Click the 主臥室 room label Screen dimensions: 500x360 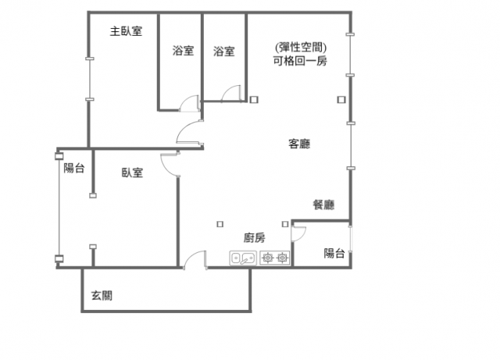[x=126, y=31]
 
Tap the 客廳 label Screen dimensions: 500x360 [x=299, y=144]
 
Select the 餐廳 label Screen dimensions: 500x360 [x=323, y=205]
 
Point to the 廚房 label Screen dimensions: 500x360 [x=255, y=238]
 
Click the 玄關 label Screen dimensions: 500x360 [x=102, y=296]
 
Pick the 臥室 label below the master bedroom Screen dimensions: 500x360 [x=132, y=173]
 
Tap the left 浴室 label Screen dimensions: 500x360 [x=184, y=51]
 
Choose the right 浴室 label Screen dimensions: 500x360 [x=224, y=51]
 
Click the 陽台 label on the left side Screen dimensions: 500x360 [x=74, y=168]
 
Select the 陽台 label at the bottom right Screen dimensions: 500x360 [x=334, y=254]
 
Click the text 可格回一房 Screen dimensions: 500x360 [x=300, y=61]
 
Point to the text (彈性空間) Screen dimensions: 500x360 [x=301, y=47]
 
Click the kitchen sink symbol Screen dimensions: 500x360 [x=243, y=258]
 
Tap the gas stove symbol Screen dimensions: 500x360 [x=275, y=258]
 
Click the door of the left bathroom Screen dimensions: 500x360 [x=190, y=103]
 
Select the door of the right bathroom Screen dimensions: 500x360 [x=231, y=94]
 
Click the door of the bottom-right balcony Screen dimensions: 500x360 [x=298, y=233]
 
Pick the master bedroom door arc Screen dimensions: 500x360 [x=189, y=132]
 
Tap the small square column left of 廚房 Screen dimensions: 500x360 [x=220, y=224]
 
